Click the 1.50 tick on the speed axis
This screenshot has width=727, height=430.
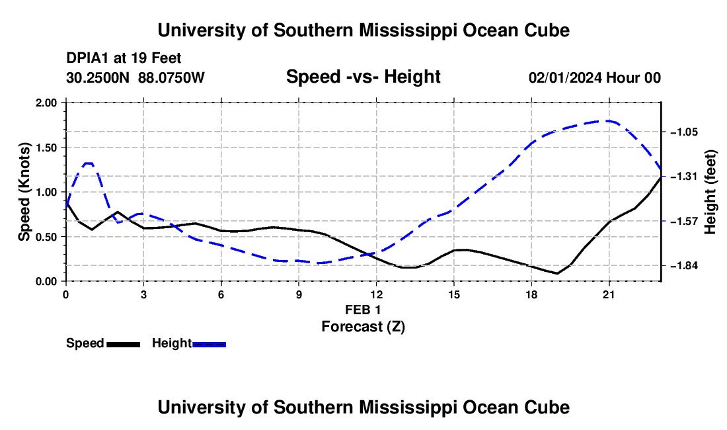click(46, 148)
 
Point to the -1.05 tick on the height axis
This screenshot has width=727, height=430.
click(684, 132)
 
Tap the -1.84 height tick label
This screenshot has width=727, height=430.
click(684, 266)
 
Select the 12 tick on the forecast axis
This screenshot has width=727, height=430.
click(377, 294)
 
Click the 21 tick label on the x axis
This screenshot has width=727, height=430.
click(609, 294)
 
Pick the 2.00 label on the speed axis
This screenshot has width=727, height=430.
click(46, 103)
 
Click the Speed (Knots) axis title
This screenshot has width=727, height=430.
click(24, 192)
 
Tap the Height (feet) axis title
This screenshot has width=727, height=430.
click(710, 192)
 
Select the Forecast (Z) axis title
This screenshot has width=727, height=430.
click(363, 327)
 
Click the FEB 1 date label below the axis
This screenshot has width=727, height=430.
click(363, 310)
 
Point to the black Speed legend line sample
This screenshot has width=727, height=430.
click(124, 344)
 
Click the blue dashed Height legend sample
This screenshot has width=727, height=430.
click(209, 344)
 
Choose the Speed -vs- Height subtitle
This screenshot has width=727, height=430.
click(363, 77)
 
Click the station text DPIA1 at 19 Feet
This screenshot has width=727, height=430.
click(124, 58)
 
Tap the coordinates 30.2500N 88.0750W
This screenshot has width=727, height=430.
click(135, 77)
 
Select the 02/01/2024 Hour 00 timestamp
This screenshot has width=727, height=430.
click(595, 77)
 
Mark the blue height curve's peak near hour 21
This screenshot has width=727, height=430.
click(607, 120)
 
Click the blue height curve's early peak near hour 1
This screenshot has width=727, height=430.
click(89, 163)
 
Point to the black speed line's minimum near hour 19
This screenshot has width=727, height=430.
click(557, 273)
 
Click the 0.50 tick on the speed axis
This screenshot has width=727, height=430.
click(46, 237)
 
